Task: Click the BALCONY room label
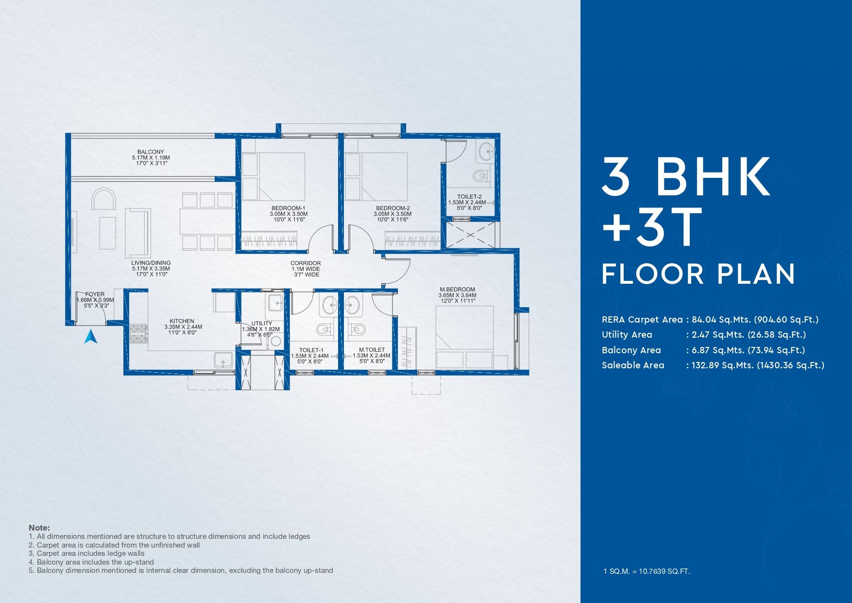pos(151,152)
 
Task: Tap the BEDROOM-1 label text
pos(288,208)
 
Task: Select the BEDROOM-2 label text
pos(393,208)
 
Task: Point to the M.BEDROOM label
pos(457,290)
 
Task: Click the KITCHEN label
pos(182,321)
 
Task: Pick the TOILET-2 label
pos(469,197)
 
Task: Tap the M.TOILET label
pos(372,350)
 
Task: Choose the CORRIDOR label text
pos(306,263)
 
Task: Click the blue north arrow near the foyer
pos(91,336)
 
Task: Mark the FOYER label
pos(95,294)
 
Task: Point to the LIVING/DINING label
pos(151,263)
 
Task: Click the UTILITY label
pos(262,324)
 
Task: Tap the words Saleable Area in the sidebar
pos(633,365)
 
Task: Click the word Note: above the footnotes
pos(39,528)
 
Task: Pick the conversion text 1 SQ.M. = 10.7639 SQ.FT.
pos(647,571)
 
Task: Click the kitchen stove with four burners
pos(138,334)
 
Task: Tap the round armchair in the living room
pos(104,199)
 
